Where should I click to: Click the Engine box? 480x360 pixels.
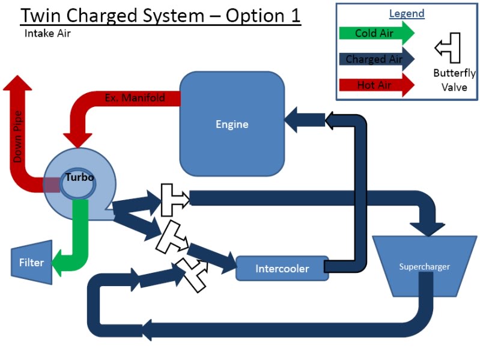pyautogui.click(x=232, y=124)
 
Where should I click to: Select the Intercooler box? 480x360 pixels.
pyautogui.click(x=282, y=268)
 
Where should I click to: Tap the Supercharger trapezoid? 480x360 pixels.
pyautogui.click(x=425, y=266)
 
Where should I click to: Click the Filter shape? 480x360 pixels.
pyautogui.click(x=31, y=263)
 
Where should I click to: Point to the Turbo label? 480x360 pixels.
pyautogui.click(x=77, y=177)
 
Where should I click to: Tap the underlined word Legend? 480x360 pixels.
pyautogui.click(x=406, y=13)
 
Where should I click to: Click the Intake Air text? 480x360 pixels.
pyautogui.click(x=47, y=34)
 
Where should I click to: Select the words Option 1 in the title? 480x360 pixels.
pyautogui.click(x=263, y=16)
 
